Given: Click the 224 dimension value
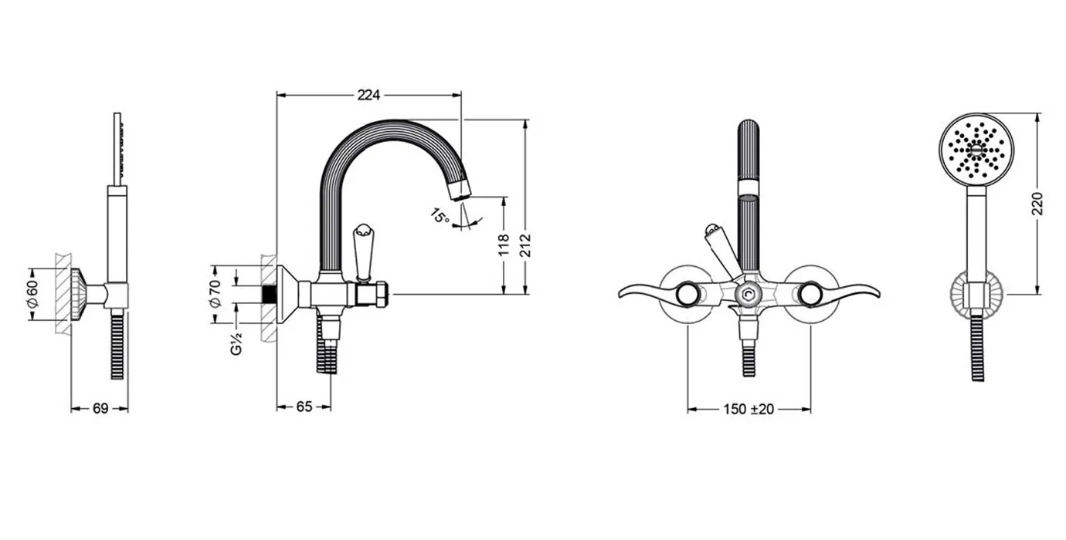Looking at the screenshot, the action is pyautogui.click(x=368, y=96).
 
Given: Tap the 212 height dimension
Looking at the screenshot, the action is pyautogui.click(x=525, y=245).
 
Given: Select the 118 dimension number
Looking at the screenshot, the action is pyautogui.click(x=504, y=245).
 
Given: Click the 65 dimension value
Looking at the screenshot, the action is pyautogui.click(x=304, y=407).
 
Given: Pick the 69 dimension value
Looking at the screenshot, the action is pyautogui.click(x=100, y=408).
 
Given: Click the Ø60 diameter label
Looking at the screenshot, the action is pyautogui.click(x=32, y=294).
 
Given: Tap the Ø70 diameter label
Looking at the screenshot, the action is pyautogui.click(x=215, y=294).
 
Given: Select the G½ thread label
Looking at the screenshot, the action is pyautogui.click(x=236, y=343).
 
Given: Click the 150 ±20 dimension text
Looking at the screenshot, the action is pyautogui.click(x=749, y=410).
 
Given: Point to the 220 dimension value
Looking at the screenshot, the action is pyautogui.click(x=1037, y=204).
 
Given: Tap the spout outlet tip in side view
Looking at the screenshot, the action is pyautogui.click(x=460, y=191).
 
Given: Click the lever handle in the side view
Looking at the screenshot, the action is pyautogui.click(x=363, y=252).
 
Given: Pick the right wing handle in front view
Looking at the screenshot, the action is pyautogui.click(x=848, y=293).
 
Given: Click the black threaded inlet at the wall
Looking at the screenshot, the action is pyautogui.click(x=270, y=294).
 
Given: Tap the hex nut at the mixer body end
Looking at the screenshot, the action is pyautogui.click(x=381, y=294).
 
